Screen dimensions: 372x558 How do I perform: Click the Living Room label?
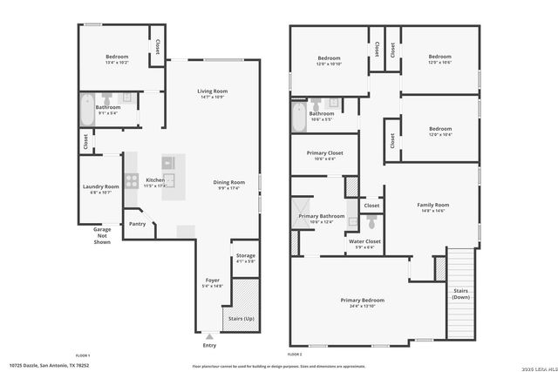click(212, 91)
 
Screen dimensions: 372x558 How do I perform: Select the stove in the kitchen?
click(132, 181)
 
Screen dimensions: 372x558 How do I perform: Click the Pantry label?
click(137, 224)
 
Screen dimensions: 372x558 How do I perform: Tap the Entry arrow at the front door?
click(208, 335)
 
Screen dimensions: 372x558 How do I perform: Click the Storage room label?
click(245, 255)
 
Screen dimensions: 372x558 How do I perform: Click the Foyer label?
click(213, 281)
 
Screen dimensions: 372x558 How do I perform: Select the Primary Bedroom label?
click(362, 301)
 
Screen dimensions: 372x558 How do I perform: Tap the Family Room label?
click(432, 205)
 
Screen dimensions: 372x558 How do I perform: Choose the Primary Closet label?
click(324, 153)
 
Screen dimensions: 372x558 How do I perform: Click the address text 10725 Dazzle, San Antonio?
click(50, 365)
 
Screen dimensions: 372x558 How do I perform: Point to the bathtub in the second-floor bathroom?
click(299, 118)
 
